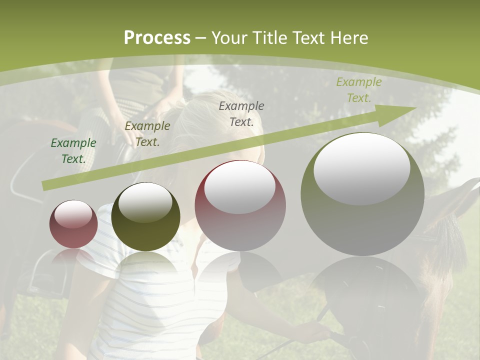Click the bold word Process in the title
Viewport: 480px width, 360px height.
(157, 38)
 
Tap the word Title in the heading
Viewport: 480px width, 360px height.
(267, 38)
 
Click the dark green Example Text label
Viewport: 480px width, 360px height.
(73, 151)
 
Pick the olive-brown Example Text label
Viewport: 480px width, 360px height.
(147, 134)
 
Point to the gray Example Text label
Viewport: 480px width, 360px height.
(241, 113)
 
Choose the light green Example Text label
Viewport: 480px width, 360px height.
(358, 90)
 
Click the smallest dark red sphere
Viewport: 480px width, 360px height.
(73, 224)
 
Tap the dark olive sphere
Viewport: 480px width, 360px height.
(145, 216)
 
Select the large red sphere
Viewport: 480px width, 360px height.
(240, 205)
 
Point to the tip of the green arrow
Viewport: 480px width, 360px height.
(415, 107)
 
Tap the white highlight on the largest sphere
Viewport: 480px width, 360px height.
(361, 168)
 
